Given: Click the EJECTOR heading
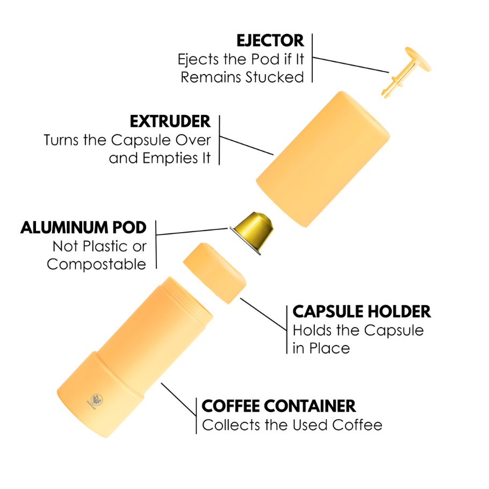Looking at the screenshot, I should tap(270, 40).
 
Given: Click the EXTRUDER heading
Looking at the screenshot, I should tap(170, 121).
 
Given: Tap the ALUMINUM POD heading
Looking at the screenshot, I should tap(83, 227).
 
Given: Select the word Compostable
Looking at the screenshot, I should tap(96, 264).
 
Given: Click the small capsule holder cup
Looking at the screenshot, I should tap(215, 271).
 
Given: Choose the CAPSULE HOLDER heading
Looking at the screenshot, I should tap(361, 311).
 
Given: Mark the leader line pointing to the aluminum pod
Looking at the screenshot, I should tap(193, 232).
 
